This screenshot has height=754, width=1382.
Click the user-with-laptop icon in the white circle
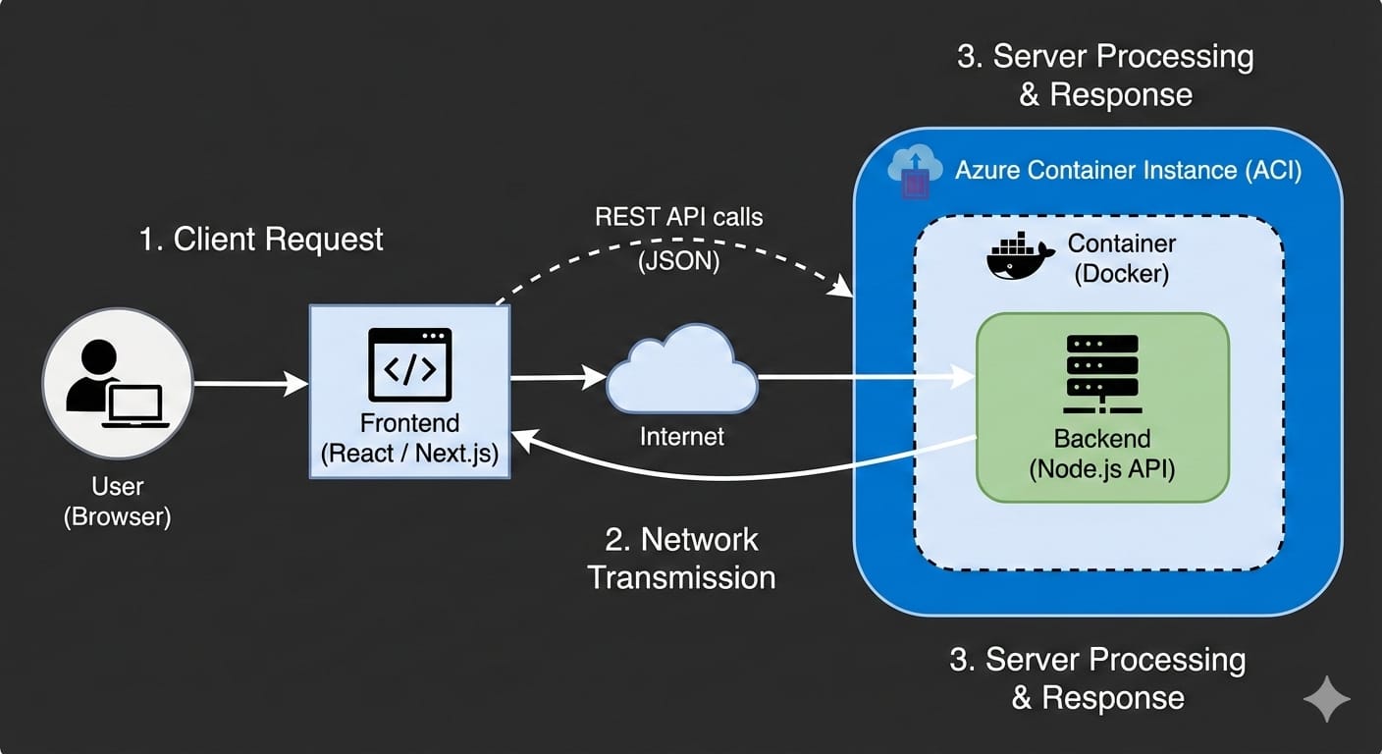117,384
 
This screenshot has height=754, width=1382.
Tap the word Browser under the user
117,517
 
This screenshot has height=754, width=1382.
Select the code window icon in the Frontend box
409,364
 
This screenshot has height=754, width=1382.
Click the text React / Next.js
409,453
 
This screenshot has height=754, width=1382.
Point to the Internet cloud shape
681,376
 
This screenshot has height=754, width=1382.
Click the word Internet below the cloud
681,436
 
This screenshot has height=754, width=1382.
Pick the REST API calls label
678,217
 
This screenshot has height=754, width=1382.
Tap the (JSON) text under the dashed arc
678,261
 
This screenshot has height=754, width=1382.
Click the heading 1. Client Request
261,240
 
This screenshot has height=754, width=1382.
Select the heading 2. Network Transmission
681,558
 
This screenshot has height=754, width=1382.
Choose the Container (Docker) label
1121,257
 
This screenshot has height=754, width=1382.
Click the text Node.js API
1101,469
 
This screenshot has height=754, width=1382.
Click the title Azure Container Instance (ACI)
1128,170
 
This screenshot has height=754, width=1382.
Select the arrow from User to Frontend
251,384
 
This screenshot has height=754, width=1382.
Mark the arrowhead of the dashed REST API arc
843,290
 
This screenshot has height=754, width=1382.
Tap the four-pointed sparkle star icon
1326,698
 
